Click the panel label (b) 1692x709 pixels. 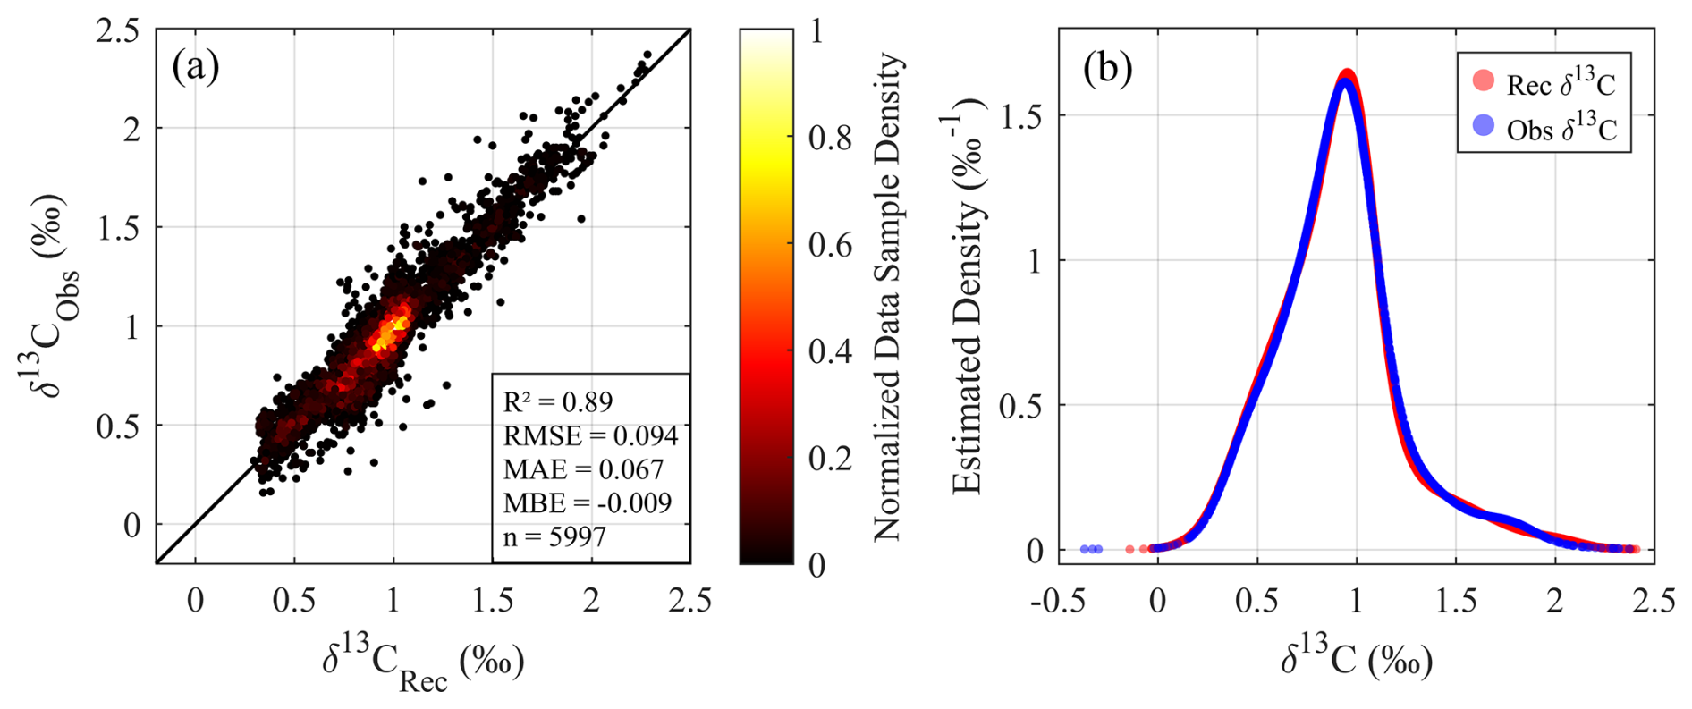(x=1107, y=68)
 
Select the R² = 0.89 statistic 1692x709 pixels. (x=558, y=401)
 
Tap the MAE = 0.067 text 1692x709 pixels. (x=583, y=469)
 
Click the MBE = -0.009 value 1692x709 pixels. (x=587, y=502)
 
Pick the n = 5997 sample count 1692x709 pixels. (x=554, y=536)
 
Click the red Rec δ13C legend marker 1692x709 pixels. (x=1483, y=81)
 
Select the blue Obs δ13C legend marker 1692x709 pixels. (x=1483, y=126)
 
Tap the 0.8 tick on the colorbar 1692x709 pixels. (x=830, y=138)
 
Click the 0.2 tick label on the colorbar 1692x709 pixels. (x=830, y=458)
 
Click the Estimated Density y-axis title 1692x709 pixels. (x=968, y=295)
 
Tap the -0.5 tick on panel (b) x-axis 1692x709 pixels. (x=1057, y=601)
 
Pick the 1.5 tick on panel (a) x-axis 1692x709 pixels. (x=493, y=601)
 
